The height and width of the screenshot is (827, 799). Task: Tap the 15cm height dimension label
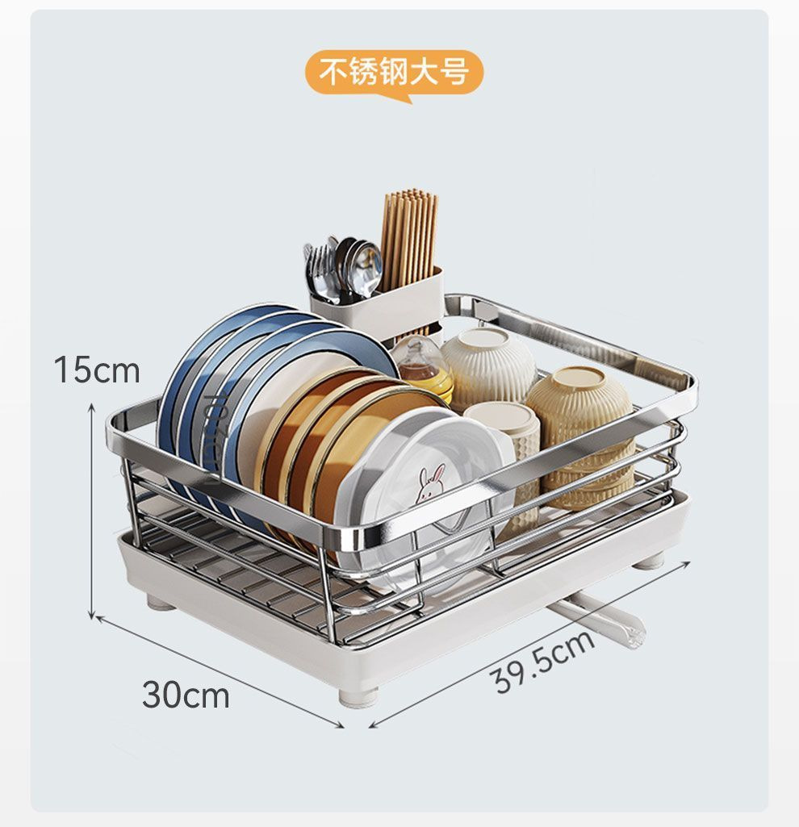tap(97, 370)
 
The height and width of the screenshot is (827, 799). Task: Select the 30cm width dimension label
tap(186, 695)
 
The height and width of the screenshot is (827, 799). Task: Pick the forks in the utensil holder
tap(320, 270)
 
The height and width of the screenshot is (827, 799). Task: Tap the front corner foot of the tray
tap(358, 695)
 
